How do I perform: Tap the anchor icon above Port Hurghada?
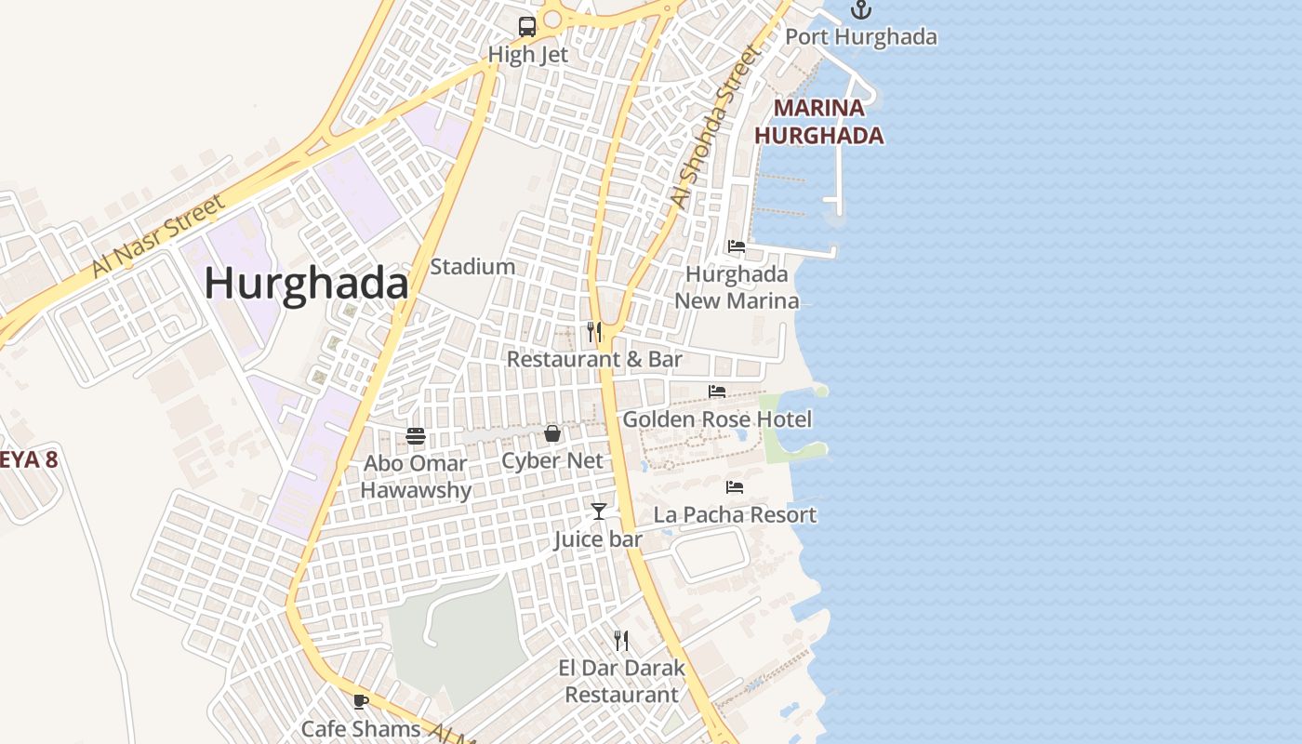861,10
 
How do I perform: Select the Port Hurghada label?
861,37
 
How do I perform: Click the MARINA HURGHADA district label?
818,122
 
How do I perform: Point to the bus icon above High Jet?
527,26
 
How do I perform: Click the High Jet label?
528,55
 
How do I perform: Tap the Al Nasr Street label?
159,236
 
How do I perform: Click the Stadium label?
472,267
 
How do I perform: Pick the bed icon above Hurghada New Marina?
737,246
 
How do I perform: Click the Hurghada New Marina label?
737,287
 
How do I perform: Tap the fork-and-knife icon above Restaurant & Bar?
594,331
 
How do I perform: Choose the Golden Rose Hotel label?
717,419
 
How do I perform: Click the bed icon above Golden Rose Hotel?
717,392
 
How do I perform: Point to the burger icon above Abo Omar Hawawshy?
416,435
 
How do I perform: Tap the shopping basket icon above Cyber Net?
552,433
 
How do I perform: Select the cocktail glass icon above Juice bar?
598,511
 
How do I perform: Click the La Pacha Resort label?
735,515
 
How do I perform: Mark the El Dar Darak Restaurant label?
622,681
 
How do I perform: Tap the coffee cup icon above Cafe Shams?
361,701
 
